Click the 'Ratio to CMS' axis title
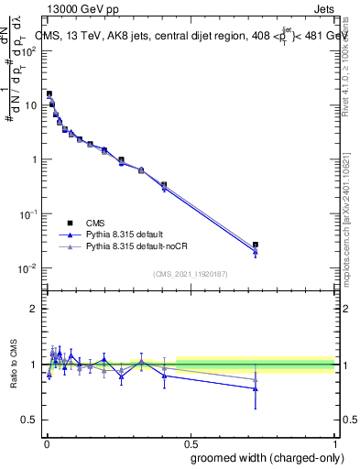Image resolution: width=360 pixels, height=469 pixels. tap(15, 365)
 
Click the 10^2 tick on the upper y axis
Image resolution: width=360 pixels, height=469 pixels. tap(29, 50)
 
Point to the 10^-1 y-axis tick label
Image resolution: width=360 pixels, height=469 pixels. tap(28, 214)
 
